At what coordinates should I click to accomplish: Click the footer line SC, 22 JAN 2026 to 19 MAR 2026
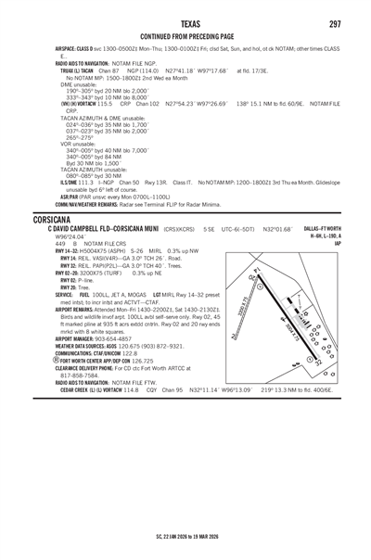[185, 536]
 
